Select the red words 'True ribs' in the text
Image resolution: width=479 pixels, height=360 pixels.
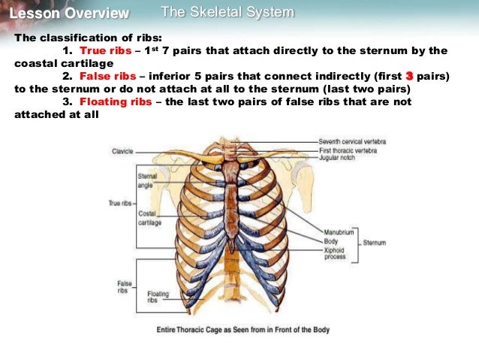point(105,51)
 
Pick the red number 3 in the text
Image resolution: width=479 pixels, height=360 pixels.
point(409,77)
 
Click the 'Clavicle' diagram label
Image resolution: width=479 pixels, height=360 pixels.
point(122,151)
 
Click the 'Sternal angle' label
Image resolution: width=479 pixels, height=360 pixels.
point(146,180)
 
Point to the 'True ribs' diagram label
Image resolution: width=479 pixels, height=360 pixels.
point(120,203)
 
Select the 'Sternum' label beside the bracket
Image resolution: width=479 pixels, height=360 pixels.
point(374,243)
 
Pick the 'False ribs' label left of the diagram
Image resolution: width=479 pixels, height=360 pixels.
point(125,286)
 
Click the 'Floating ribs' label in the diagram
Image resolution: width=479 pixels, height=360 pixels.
point(158,297)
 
